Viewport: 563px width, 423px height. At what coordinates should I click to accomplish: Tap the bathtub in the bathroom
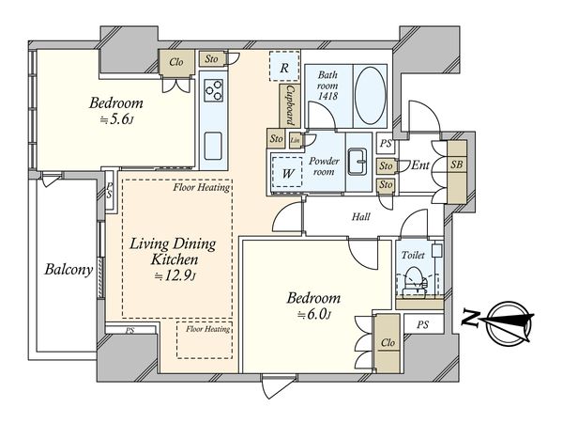pyautogui.click(x=371, y=95)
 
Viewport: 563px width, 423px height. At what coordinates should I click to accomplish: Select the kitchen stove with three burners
pyautogui.click(x=213, y=90)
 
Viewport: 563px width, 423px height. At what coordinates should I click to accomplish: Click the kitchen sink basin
pyautogui.click(x=213, y=146)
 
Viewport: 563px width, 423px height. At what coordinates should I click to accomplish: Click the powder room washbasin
pyautogui.click(x=358, y=162)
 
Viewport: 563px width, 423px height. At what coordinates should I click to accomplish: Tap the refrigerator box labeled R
pyautogui.click(x=284, y=67)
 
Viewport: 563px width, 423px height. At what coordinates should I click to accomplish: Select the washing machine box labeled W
pyautogui.click(x=287, y=173)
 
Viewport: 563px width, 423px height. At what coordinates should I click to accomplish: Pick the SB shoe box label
pyautogui.click(x=457, y=164)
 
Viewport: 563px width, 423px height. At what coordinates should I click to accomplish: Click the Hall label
pyautogui.click(x=361, y=216)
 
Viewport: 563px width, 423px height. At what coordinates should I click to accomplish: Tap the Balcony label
pyautogui.click(x=68, y=270)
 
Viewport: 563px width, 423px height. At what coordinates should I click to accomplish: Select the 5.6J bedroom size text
pyautogui.click(x=116, y=119)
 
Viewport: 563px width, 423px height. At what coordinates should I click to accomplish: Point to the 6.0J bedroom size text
pyautogui.click(x=313, y=315)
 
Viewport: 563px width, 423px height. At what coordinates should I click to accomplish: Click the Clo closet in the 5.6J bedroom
pyautogui.click(x=176, y=62)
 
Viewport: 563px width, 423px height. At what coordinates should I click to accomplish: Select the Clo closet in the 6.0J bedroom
pyautogui.click(x=388, y=343)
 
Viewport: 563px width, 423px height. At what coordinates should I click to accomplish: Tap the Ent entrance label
pyautogui.click(x=420, y=165)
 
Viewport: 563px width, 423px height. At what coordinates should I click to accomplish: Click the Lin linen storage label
pyautogui.click(x=296, y=140)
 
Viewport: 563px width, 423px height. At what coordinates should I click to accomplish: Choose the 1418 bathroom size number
pyautogui.click(x=327, y=96)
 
